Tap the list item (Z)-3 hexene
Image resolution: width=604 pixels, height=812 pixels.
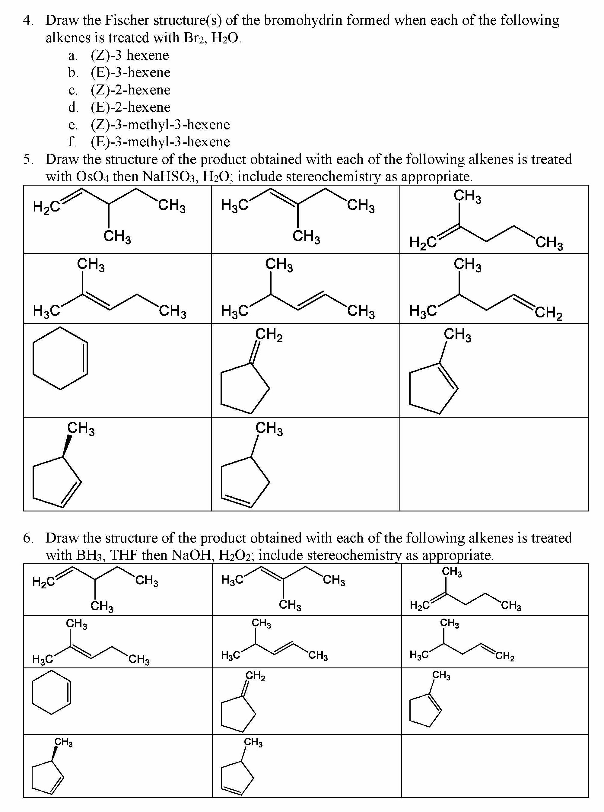click(x=130, y=55)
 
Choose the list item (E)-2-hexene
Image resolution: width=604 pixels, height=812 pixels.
click(x=131, y=107)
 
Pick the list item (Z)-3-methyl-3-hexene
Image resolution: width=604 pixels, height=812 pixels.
click(x=160, y=125)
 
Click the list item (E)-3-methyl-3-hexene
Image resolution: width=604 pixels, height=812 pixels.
click(x=160, y=142)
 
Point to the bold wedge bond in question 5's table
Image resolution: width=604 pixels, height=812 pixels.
click(x=67, y=445)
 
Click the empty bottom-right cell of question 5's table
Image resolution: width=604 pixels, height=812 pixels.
click(x=494, y=464)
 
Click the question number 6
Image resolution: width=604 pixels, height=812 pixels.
click(x=28, y=538)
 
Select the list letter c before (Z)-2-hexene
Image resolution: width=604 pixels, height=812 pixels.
click(x=73, y=90)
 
